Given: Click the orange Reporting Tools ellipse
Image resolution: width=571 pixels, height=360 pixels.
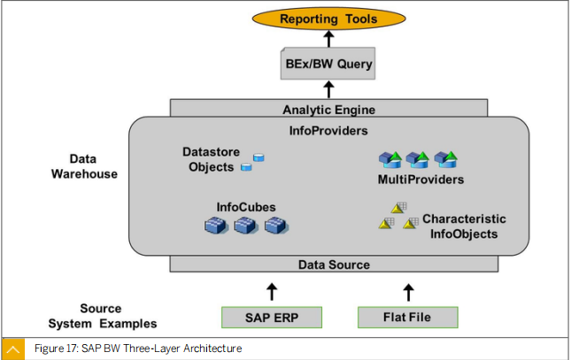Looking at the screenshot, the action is [328, 19].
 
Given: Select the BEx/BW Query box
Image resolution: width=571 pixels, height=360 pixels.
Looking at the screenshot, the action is [328, 64].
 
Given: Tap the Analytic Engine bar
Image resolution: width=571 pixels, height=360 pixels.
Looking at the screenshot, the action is [328, 109].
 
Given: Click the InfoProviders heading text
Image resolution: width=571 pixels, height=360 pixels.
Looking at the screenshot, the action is [328, 131].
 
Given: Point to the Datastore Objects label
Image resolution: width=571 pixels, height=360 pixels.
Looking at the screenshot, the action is [212, 159].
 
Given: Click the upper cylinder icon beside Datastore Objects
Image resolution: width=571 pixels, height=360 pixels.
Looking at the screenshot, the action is [258, 157].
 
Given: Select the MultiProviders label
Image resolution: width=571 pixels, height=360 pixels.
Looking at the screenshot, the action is [421, 180].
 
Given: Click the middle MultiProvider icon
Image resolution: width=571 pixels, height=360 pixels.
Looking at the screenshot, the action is [418, 160].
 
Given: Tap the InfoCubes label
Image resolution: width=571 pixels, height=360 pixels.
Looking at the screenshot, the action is [246, 207].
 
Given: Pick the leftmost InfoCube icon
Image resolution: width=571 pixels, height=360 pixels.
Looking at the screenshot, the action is [216, 225].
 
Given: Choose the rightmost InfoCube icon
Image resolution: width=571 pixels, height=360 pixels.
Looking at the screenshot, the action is [276, 225].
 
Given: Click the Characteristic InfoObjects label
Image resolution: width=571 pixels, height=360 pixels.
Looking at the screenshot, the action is [464, 226].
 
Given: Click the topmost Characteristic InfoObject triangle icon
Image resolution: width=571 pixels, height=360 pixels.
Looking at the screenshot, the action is [398, 208].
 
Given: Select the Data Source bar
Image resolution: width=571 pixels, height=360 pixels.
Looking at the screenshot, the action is [334, 264].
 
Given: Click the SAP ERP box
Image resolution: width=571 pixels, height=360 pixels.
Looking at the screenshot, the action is [272, 318].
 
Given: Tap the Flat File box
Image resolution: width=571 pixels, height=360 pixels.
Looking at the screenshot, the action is [408, 318].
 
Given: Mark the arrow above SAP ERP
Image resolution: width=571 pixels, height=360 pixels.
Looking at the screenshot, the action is [272, 292].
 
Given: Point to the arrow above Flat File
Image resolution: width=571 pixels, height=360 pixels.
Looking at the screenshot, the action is [409, 293].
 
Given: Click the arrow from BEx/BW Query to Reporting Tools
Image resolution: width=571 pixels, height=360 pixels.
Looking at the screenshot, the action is [328, 39].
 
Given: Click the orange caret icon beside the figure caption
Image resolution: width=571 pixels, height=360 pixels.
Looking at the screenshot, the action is [13, 349].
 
